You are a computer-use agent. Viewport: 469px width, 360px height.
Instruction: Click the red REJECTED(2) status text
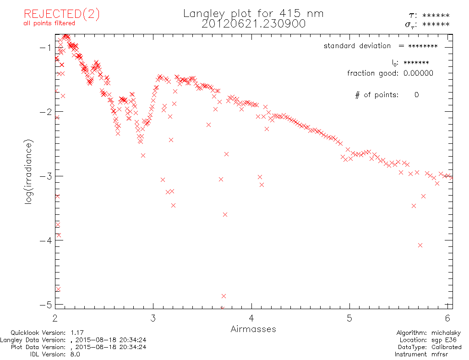click(x=62, y=14)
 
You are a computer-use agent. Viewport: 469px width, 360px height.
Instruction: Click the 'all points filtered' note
click(x=49, y=23)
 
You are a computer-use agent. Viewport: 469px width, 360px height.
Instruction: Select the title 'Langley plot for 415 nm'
click(x=253, y=14)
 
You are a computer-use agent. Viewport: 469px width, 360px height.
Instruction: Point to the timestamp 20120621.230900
click(x=253, y=24)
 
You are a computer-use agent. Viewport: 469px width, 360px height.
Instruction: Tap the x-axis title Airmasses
click(x=253, y=329)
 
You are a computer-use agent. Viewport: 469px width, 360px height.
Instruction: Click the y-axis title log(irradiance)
click(x=28, y=172)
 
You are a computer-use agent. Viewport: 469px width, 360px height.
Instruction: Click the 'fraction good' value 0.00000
click(x=418, y=73)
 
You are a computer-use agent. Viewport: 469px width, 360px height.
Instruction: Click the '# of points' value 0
click(x=416, y=95)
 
